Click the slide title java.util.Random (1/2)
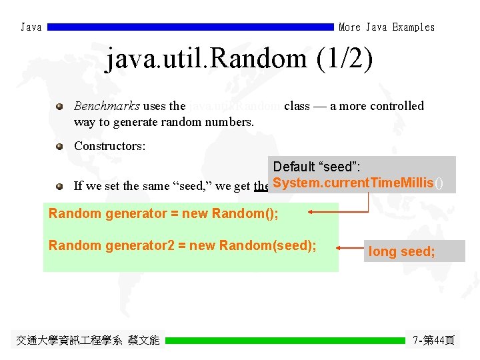click(239, 59)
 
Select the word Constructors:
click(109, 145)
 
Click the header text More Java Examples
click(387, 27)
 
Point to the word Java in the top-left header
click(31, 27)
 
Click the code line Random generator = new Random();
click(163, 213)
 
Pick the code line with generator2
click(182, 245)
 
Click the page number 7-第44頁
click(433, 340)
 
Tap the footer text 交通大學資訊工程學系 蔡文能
click(88, 340)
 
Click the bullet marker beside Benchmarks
click(60, 106)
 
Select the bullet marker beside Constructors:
click(60, 145)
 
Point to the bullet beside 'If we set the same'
click(60, 186)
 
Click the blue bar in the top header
click(190, 27)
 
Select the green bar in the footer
click(285, 340)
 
